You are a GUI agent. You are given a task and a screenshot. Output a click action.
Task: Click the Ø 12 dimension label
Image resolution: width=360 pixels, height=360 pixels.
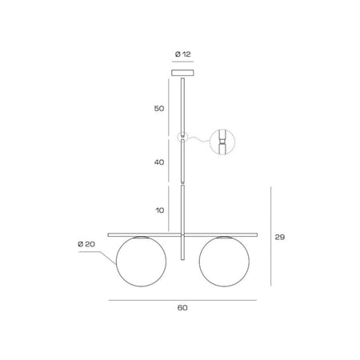183,54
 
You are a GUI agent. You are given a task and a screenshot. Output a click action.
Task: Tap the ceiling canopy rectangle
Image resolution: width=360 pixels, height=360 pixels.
182,73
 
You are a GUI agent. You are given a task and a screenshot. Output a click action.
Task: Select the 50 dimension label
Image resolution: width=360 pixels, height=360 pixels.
159,109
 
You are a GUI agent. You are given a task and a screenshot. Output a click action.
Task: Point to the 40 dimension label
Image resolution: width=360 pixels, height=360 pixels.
159,162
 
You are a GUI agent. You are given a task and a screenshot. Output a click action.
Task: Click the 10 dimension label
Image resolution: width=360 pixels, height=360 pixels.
160,210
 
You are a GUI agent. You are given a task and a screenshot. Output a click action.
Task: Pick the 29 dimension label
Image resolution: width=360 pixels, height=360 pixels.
280,237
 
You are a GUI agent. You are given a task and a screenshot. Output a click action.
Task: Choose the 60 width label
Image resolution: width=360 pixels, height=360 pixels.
182,308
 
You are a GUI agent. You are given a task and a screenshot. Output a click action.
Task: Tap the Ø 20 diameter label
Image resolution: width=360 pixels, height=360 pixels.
86,244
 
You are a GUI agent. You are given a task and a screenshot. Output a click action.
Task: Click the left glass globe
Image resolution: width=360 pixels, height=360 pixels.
116,262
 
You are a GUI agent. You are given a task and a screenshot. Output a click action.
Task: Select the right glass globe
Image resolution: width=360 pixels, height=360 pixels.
199,262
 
